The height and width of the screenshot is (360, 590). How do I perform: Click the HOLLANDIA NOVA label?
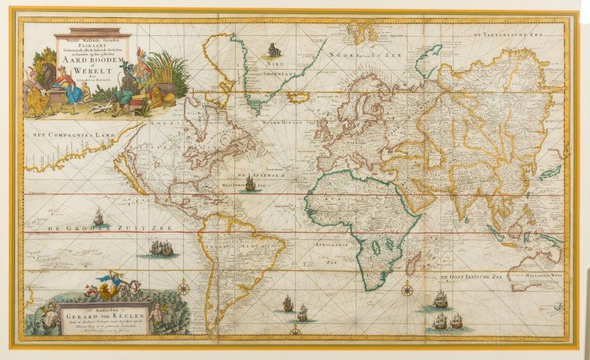tap(540, 278)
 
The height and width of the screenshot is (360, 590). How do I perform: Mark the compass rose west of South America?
tap(183, 287)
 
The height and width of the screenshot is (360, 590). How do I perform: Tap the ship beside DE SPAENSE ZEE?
tap(250, 183)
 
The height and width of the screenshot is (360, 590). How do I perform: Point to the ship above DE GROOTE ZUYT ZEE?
tap(98, 217)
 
